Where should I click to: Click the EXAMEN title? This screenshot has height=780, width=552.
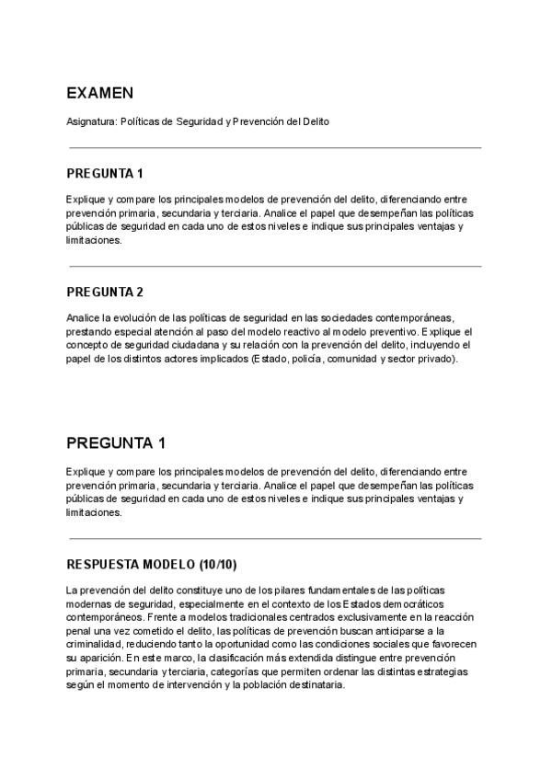point(99,94)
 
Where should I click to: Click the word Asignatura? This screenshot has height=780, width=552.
point(91,121)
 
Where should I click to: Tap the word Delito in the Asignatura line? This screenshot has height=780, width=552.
point(314,121)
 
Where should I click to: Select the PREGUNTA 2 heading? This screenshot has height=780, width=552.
point(105,292)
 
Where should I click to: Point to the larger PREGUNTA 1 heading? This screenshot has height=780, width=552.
point(116,443)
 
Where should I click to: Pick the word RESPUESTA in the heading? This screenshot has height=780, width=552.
point(101,564)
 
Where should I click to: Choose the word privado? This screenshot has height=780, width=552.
point(433,359)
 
